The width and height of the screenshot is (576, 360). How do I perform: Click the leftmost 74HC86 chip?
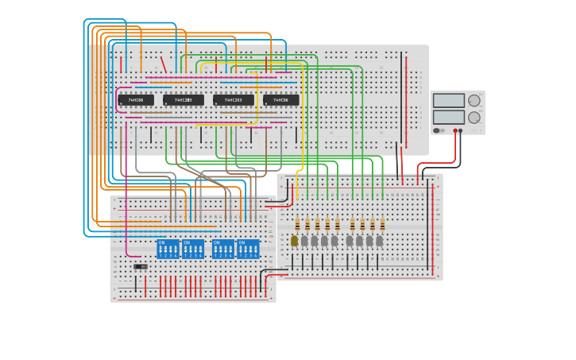coord(136,100)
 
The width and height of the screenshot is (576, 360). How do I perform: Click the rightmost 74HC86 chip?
coord(281,100)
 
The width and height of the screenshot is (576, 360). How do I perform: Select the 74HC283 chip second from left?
coord(184,100)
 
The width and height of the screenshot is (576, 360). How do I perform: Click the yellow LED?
coord(294,240)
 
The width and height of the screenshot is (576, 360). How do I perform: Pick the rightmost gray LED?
coord(379,240)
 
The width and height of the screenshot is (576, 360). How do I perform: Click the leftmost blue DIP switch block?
coord(168,249)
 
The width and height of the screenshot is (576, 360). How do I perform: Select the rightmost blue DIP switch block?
coord(248,249)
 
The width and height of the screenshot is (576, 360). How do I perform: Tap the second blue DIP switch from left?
coord(193,249)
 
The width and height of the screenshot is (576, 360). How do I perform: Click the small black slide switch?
coord(141,267)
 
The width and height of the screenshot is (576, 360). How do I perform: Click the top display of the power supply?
coord(449,100)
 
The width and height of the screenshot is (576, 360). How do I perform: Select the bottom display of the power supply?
coord(449,117)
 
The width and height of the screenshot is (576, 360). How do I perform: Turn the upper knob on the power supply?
coord(474,100)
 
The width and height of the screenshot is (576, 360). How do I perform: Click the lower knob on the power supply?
coord(474,118)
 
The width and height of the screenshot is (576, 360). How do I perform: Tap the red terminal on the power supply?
coord(456,130)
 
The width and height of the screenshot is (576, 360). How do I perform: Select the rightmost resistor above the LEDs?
coord(382,223)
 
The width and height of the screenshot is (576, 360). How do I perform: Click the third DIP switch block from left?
coord(223,249)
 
